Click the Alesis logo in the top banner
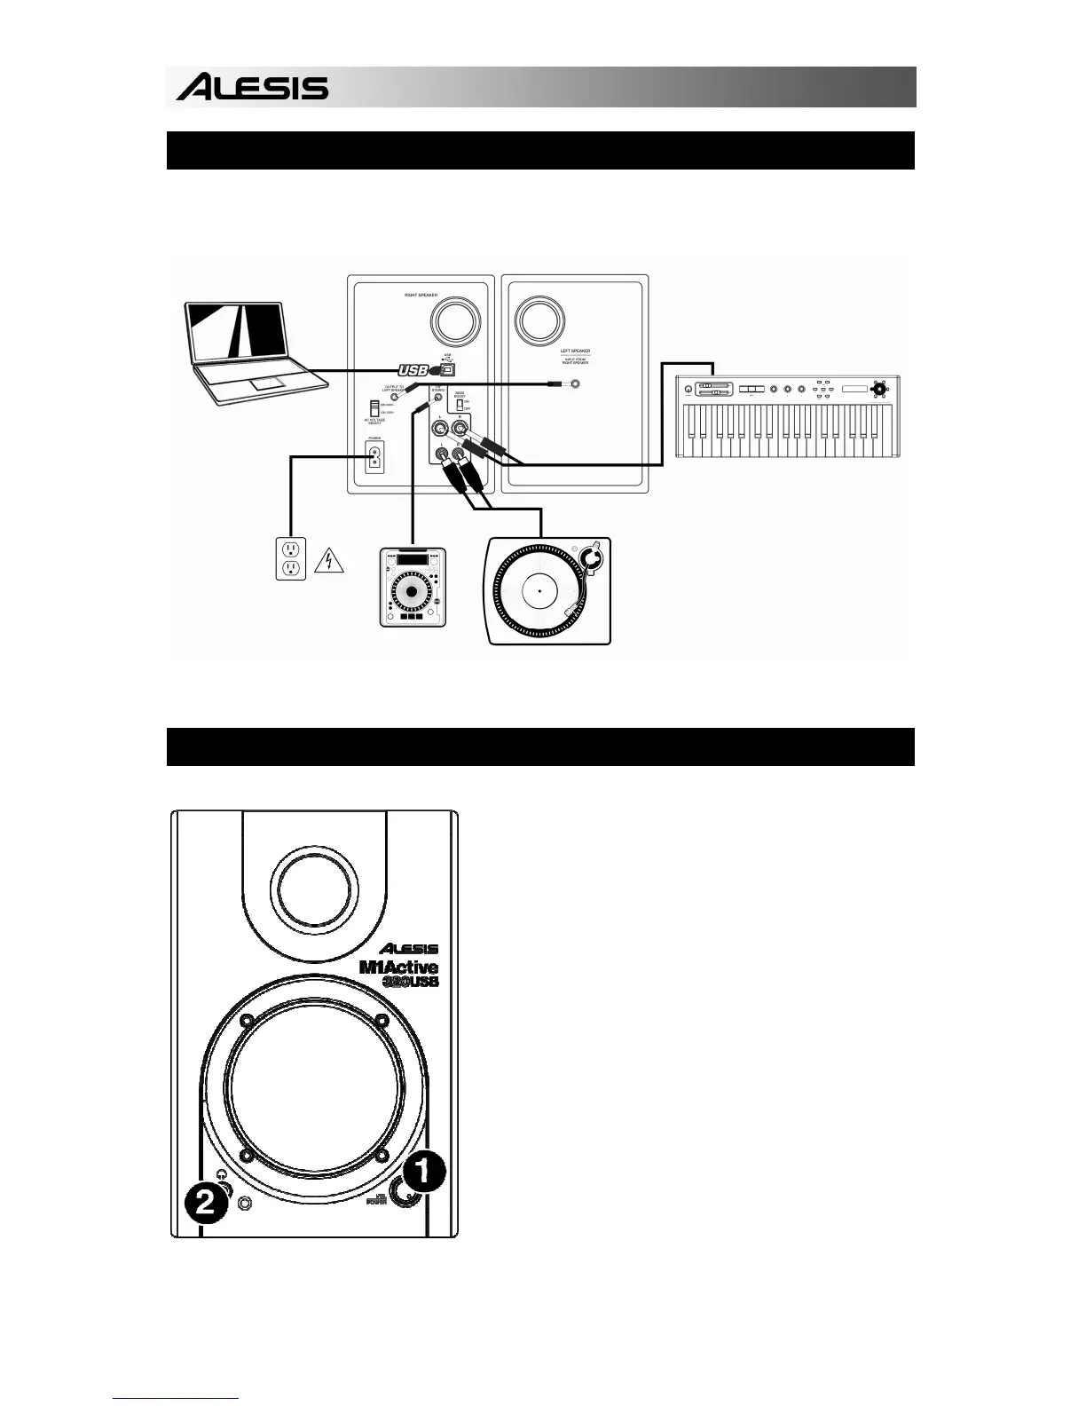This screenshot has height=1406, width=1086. pyautogui.click(x=252, y=88)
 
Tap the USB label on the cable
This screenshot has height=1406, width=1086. pyautogui.click(x=413, y=370)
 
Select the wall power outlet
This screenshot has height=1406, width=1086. pyautogui.click(x=290, y=559)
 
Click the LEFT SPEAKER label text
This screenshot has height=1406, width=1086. pyautogui.click(x=575, y=351)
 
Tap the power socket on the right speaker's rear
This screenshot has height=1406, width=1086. pyautogui.click(x=374, y=457)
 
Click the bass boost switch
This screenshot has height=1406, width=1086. pyautogui.click(x=460, y=404)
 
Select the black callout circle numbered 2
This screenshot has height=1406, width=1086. pyautogui.click(x=205, y=1204)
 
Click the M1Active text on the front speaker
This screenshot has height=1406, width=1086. pyautogui.click(x=398, y=967)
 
